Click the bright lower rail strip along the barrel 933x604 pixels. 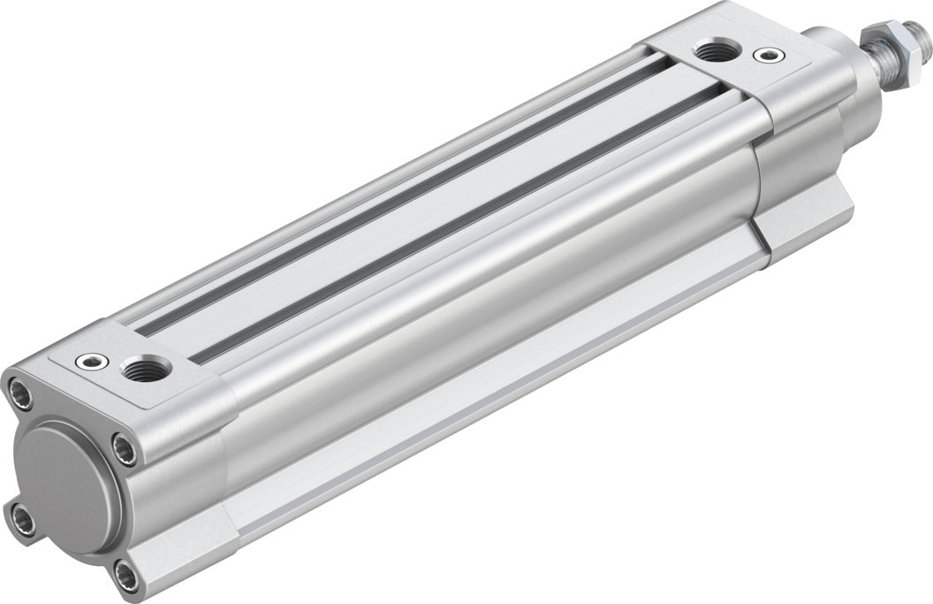[495, 389]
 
